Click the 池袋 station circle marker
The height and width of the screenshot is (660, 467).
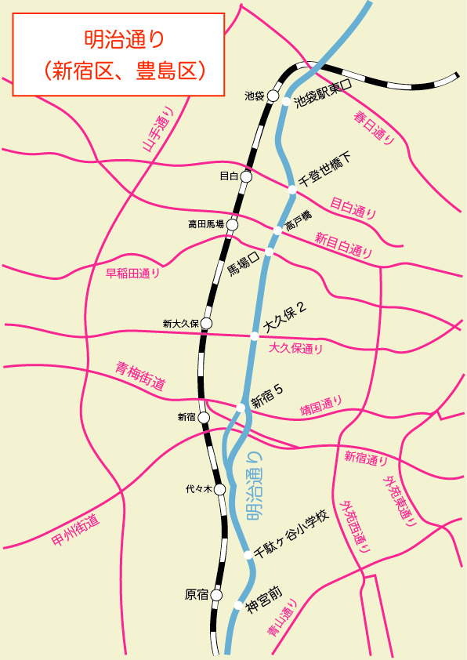[x=273, y=96]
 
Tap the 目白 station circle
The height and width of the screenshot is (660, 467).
[x=246, y=177]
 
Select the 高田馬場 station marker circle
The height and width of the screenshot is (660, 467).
[x=232, y=224]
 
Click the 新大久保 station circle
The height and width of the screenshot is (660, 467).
[x=207, y=323]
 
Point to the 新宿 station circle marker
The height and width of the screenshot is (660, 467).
[x=204, y=418]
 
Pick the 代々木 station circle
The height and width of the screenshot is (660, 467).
[x=219, y=490]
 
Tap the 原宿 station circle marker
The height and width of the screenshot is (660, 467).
[x=216, y=595]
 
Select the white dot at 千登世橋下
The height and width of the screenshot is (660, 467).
[x=291, y=189]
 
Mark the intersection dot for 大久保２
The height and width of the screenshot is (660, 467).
[x=254, y=336]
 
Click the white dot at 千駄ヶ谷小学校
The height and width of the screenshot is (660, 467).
[x=248, y=555]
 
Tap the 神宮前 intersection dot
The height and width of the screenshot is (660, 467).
[x=238, y=604]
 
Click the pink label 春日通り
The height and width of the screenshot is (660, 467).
[x=375, y=128]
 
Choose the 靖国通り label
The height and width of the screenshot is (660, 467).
[x=322, y=406]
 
